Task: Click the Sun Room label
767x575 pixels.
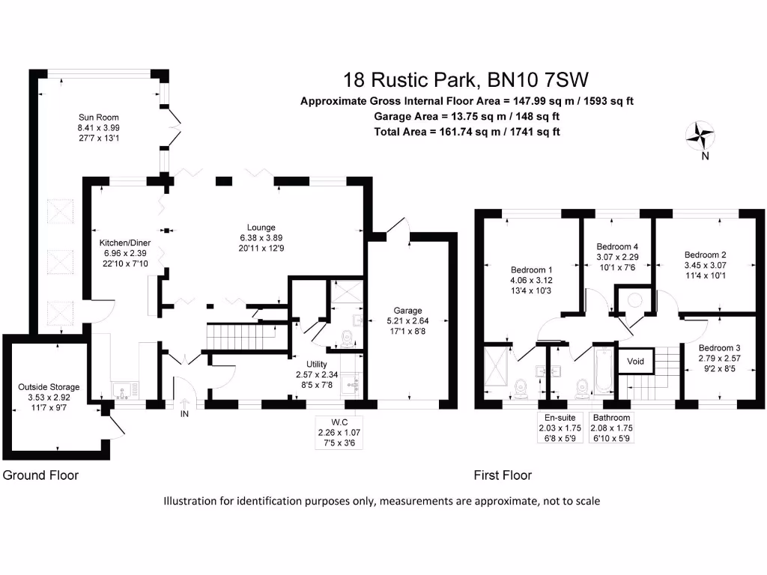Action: (x=98, y=117)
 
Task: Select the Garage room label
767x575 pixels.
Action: (x=408, y=311)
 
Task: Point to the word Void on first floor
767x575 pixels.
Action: (x=635, y=362)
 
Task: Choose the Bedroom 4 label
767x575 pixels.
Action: (x=616, y=246)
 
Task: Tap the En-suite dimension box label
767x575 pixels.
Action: (x=560, y=428)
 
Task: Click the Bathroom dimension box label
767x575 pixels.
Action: (x=610, y=428)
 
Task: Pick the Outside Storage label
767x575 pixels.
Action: (x=48, y=387)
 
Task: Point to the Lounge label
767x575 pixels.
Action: (x=261, y=228)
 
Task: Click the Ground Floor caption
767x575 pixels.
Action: (x=40, y=475)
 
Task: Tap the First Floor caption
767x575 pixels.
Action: (x=503, y=475)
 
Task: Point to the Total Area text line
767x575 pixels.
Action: (x=467, y=131)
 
